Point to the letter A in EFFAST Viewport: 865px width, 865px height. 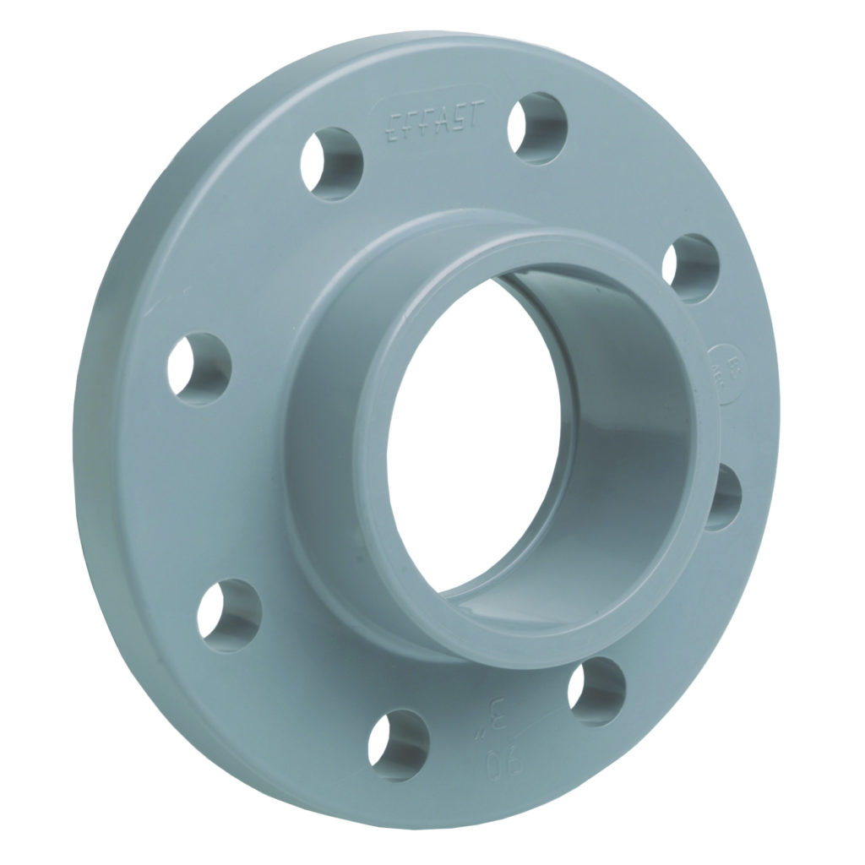coord(443,121)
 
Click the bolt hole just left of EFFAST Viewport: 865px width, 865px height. coord(332,163)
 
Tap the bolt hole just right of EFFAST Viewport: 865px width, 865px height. coord(536,128)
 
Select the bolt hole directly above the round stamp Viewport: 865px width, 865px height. coord(689,268)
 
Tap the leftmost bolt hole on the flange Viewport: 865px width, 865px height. coord(199,368)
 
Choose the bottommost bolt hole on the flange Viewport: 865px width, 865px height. coord(398,743)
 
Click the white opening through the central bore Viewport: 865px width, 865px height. coord(473,439)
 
